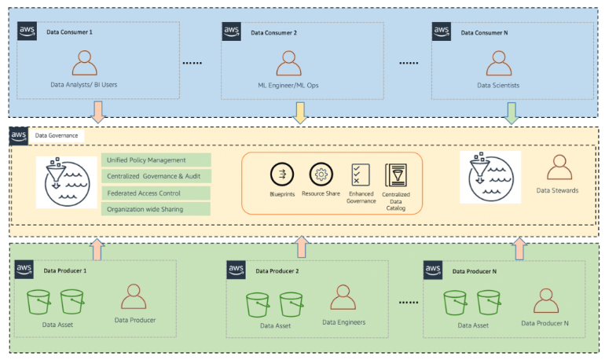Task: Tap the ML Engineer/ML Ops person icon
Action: [x=288, y=63]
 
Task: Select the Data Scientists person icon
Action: [x=498, y=63]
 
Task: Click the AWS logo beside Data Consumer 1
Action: [x=28, y=32]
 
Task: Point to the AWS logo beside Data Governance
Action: [x=19, y=135]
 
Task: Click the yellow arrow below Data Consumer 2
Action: [x=299, y=112]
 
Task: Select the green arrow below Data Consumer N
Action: [x=511, y=112]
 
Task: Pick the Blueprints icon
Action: [x=281, y=174]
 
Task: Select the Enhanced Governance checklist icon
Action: [x=361, y=174]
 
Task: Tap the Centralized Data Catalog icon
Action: [x=395, y=174]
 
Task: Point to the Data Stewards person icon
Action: [x=559, y=167]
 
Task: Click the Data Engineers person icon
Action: [x=342, y=298]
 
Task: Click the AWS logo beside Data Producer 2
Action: [x=236, y=270]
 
